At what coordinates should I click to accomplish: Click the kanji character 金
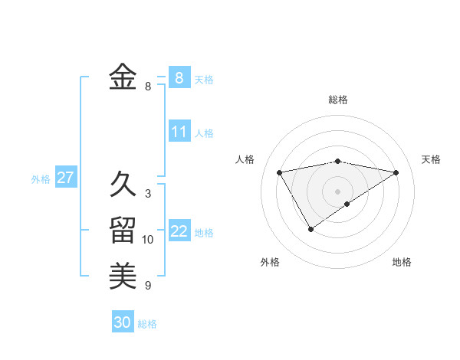123,77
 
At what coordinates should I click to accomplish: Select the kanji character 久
123,184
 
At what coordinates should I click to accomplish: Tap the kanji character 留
123,230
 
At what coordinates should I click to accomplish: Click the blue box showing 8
179,77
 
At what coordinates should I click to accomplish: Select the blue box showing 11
179,132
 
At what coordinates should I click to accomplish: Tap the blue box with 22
179,231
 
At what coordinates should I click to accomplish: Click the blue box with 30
123,322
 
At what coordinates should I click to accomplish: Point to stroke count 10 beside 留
148,240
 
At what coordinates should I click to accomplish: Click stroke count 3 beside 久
148,194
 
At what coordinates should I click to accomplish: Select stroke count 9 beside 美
148,286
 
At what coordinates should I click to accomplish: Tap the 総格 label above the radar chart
338,100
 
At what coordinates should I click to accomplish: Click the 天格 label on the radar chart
431,159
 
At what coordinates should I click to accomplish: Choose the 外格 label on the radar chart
270,262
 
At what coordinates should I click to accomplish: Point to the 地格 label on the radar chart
402,262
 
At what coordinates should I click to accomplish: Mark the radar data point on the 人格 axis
280,172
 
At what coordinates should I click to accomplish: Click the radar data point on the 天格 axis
396,172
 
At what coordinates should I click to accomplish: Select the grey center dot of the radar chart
337,191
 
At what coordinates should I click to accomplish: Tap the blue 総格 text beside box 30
147,324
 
